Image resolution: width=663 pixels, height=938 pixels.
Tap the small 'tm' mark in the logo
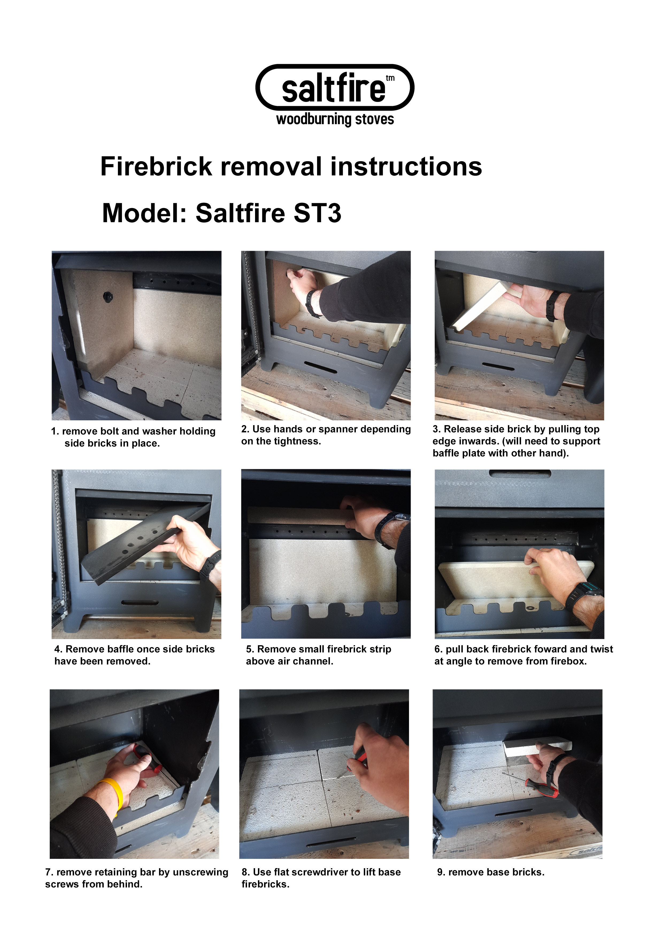pos(390,78)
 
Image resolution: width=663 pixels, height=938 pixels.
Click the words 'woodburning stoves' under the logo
pos(335,119)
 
